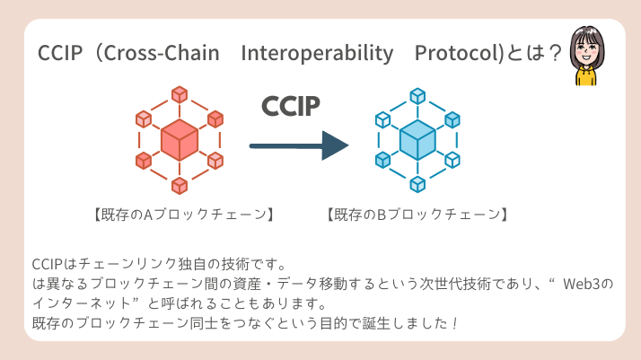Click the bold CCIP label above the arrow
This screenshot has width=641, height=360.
(x=290, y=106)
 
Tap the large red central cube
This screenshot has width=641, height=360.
(x=180, y=141)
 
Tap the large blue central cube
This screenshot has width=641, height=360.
(x=417, y=141)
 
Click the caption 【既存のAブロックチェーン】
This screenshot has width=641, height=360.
(x=182, y=215)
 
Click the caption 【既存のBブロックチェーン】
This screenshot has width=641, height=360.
(x=418, y=215)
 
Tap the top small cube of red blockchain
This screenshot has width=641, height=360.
(x=180, y=94)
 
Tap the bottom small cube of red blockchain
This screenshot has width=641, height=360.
(x=180, y=186)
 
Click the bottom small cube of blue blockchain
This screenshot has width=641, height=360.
(x=417, y=185)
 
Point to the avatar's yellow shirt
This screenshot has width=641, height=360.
(x=586, y=78)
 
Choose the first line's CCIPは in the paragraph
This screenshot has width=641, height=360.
(x=52, y=264)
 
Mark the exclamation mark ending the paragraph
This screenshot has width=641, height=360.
(x=455, y=323)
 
